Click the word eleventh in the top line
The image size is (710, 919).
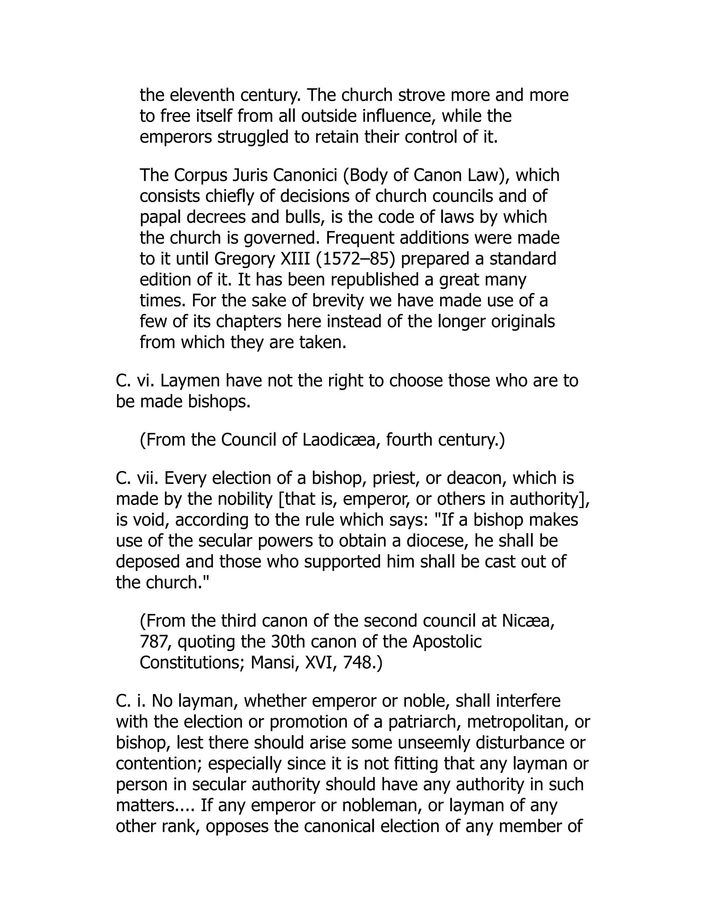click(202, 95)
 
